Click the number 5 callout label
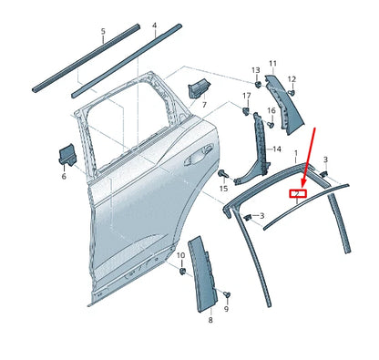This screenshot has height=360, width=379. pos(103,31)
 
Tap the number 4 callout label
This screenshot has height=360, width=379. pos(154,26)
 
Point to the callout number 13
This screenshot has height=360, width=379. pos(256,70)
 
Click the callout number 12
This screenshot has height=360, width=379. pos(292,79)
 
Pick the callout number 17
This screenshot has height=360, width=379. pos(246,96)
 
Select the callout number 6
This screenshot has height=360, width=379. pos(64,176)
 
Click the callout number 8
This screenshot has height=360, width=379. pos(210,321)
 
